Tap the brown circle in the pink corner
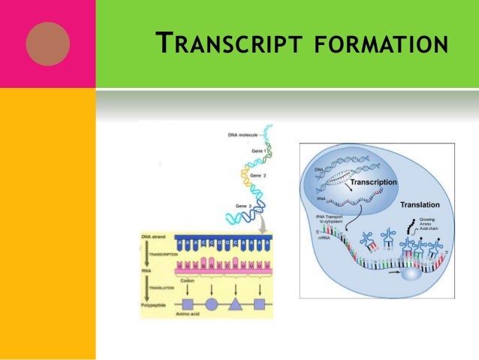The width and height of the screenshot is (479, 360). pyautogui.click(x=47, y=44)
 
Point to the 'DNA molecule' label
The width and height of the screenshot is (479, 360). pyautogui.click(x=243, y=135)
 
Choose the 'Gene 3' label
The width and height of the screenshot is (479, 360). pyautogui.click(x=240, y=206)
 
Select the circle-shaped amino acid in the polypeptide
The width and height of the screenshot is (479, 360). pyautogui.click(x=212, y=305)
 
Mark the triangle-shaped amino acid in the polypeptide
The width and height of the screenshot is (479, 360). pyautogui.click(x=234, y=305)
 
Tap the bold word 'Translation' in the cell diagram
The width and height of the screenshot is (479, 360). pyautogui.click(x=420, y=204)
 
